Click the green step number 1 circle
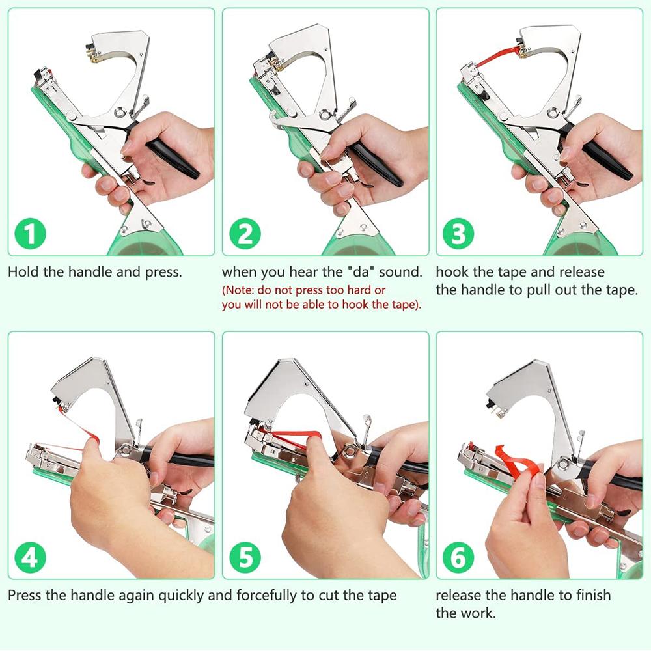tap(30, 234)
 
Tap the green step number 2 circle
tap(245, 234)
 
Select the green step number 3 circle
tap(458, 234)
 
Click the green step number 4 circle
tap(30, 557)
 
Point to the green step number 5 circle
tap(245, 557)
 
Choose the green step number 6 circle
tap(458, 557)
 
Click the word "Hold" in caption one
tap(23, 272)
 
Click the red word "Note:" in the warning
tap(238, 290)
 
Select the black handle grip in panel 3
tap(607, 161)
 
